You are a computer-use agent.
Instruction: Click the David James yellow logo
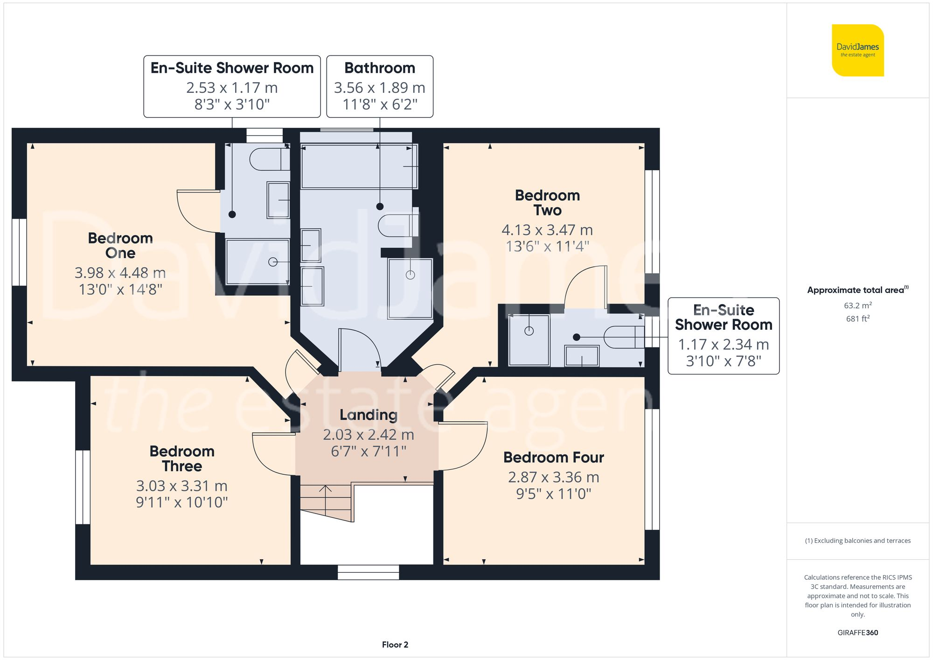tap(857, 50)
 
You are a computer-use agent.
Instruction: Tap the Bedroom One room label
tap(120, 245)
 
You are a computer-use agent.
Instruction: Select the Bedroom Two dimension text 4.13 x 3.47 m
tap(547, 230)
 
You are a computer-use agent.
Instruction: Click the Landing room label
tap(369, 415)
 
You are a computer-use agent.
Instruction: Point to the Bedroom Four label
tap(553, 458)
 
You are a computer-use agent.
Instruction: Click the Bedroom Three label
tap(182, 459)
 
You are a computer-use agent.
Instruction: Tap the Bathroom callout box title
tap(380, 68)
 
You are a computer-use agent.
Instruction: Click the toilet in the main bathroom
tap(397, 226)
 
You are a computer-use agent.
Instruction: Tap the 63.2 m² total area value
tap(857, 306)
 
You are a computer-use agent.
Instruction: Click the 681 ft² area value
tap(857, 319)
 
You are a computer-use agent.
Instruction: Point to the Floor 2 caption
tap(395, 645)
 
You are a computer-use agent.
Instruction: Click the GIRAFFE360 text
tap(857, 632)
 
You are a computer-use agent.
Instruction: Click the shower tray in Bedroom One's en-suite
tap(257, 262)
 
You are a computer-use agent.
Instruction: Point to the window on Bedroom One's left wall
tap(19, 252)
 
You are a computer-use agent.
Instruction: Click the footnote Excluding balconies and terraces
tap(857, 541)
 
